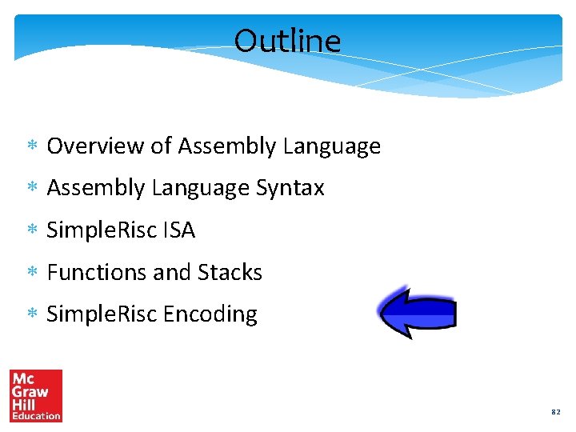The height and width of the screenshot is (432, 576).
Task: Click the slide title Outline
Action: pos(287,41)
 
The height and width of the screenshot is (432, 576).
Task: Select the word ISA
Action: pos(178,230)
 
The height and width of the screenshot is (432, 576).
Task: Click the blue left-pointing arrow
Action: pos(416,311)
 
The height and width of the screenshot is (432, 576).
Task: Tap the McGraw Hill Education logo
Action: pos(36,395)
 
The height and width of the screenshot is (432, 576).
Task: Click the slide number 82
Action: pos(555,412)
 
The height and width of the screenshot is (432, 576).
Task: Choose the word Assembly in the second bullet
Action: pos(97,188)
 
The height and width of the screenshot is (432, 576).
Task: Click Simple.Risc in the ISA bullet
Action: pos(102,230)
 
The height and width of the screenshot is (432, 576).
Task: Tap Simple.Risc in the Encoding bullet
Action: pos(102,314)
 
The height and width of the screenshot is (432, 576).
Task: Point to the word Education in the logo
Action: pos(36,416)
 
